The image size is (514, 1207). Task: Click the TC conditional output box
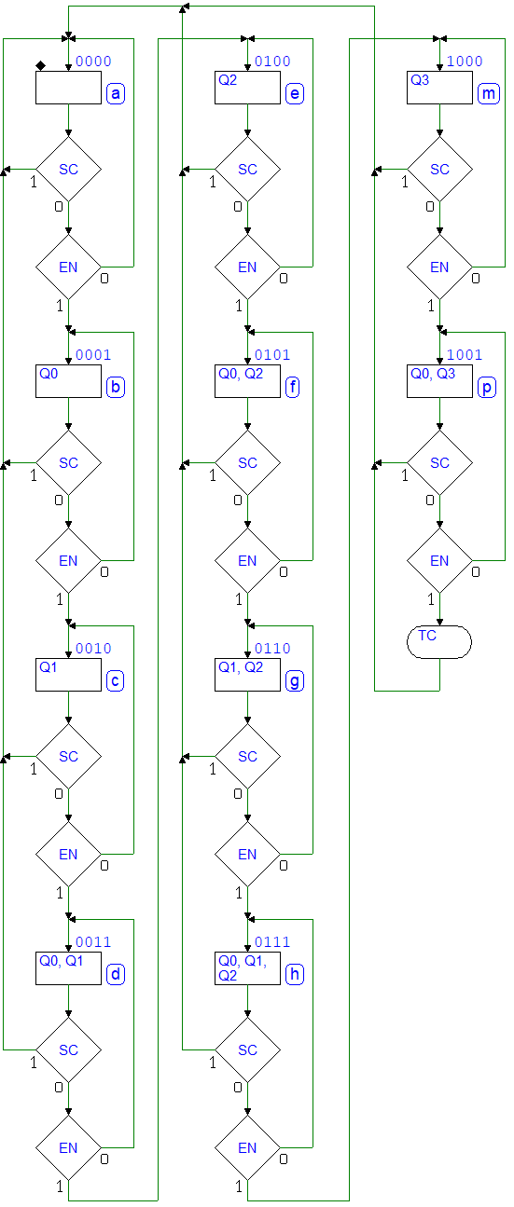pyautogui.click(x=439, y=642)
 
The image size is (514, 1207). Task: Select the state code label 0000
pyautogui.click(x=93, y=62)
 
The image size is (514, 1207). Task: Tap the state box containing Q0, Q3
pyautogui.click(x=439, y=381)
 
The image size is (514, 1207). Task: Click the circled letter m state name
pyautogui.click(x=489, y=94)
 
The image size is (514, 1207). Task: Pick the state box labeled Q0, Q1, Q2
pyautogui.click(x=247, y=968)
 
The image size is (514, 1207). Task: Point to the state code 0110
pyautogui.click(x=272, y=648)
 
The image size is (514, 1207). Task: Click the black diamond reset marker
pyautogui.click(x=40, y=66)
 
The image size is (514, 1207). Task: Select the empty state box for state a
pyautogui.click(x=68, y=88)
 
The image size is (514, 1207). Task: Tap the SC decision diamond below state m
pyautogui.click(x=439, y=170)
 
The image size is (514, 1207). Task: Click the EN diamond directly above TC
pyautogui.click(x=439, y=560)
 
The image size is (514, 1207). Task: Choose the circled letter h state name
pyautogui.click(x=295, y=974)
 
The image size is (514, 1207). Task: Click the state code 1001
pyautogui.click(x=465, y=354)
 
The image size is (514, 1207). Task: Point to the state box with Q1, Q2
pyautogui.click(x=247, y=675)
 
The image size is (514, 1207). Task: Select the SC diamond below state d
pyautogui.click(x=68, y=1049)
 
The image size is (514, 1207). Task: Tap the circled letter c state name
pyautogui.click(x=115, y=681)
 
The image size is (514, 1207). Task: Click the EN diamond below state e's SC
pyautogui.click(x=247, y=267)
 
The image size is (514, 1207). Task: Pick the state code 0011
pyautogui.click(x=93, y=942)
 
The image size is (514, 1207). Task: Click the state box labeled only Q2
pyautogui.click(x=247, y=88)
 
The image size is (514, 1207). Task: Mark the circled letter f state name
pyautogui.click(x=292, y=388)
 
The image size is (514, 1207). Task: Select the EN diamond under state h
pyautogui.click(x=247, y=1147)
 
